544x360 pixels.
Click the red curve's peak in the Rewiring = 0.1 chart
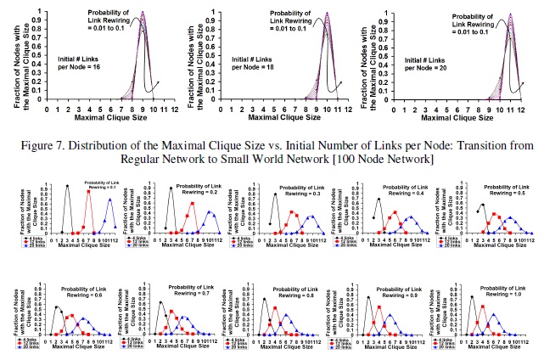[88, 192]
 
